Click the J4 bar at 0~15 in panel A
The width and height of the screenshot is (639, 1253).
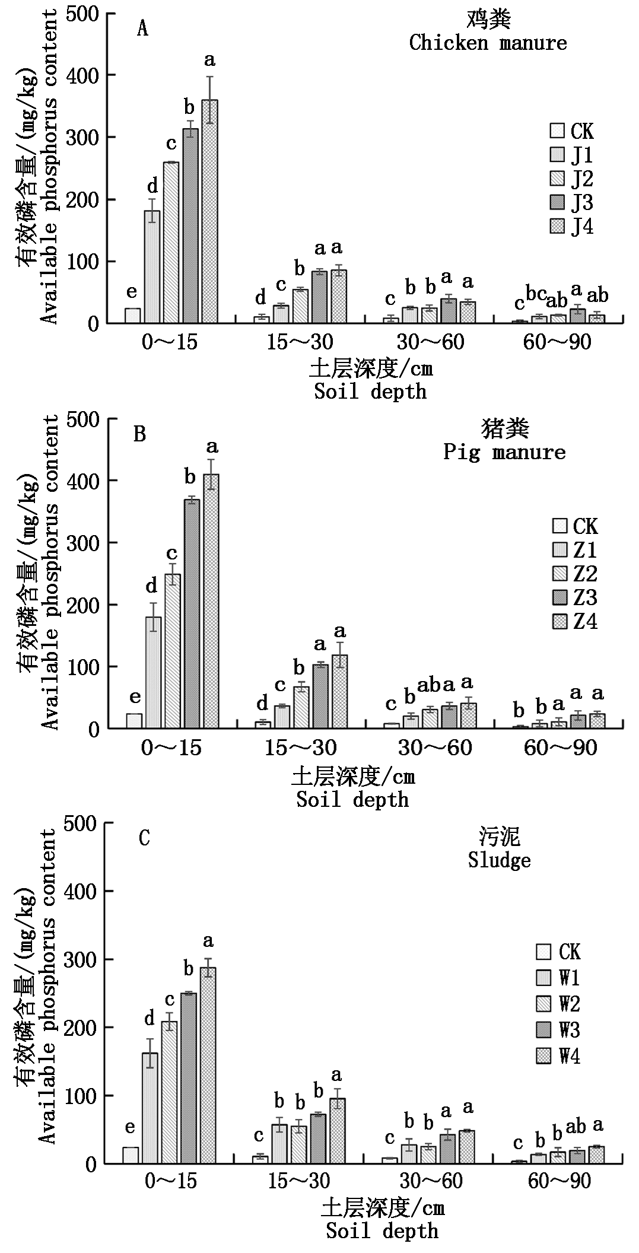pyautogui.click(x=209, y=212)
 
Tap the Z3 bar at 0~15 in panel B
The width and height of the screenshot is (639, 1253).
pyautogui.click(x=192, y=614)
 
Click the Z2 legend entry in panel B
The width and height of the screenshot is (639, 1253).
pyautogui.click(x=574, y=574)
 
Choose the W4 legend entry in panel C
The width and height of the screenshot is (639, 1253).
pyautogui.click(x=558, y=1056)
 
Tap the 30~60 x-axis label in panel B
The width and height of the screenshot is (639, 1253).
pyautogui.click(x=435, y=748)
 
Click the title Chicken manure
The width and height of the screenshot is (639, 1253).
pyautogui.click(x=488, y=43)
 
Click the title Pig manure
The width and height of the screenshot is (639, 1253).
pyautogui.click(x=504, y=452)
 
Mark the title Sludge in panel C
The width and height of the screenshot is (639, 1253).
pyautogui.click(x=499, y=860)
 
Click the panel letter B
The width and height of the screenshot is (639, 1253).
pyautogui.click(x=139, y=434)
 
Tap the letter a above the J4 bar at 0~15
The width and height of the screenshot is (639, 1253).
pyautogui.click(x=209, y=60)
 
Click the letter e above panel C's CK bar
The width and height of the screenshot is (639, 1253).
pyautogui.click(x=130, y=1127)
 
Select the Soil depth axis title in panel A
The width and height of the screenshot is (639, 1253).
pyautogui.click(x=370, y=392)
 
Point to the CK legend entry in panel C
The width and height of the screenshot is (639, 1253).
pyautogui.click(x=558, y=952)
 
